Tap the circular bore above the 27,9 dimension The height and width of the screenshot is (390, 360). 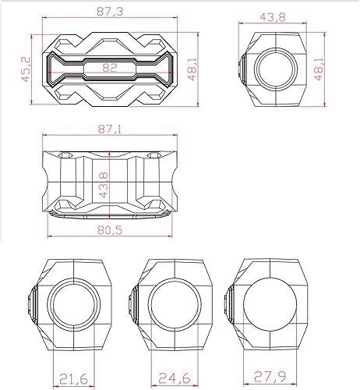[266, 301]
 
